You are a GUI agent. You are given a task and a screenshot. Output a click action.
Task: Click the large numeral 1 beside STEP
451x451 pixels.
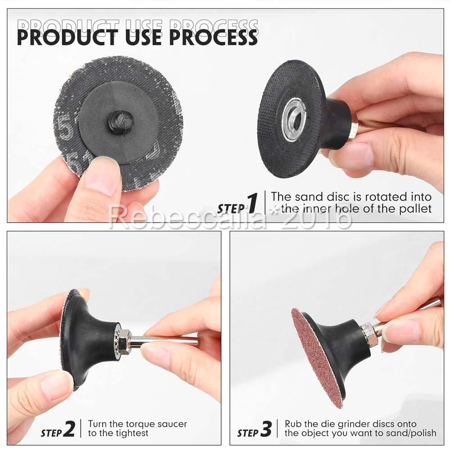pyautogui.click(x=252, y=203)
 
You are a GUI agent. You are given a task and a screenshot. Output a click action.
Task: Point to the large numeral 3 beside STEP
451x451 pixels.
pyautogui.click(x=266, y=429)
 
